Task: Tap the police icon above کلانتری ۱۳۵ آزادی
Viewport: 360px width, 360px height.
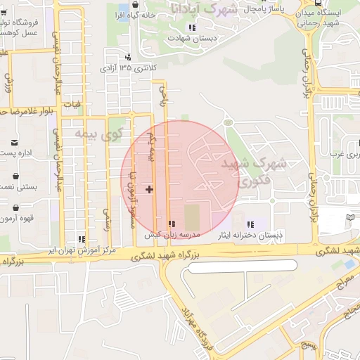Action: point(127,57)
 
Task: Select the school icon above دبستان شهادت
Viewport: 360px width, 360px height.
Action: point(191,27)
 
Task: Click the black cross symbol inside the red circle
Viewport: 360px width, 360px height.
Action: point(149,189)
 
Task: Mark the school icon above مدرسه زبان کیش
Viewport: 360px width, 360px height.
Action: point(171,224)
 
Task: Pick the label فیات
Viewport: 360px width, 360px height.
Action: point(73,105)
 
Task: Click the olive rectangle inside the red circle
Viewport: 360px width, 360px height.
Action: point(192,215)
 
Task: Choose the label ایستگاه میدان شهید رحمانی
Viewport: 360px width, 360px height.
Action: point(321,18)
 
